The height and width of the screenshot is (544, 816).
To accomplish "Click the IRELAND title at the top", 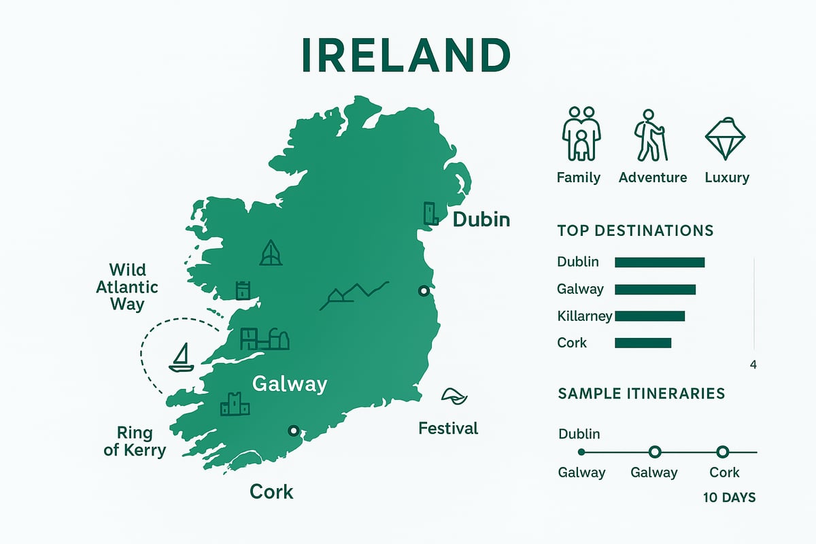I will (405, 56).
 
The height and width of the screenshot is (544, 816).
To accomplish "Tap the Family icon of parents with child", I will (581, 133).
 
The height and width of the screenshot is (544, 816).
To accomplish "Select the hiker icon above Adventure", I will (651, 135).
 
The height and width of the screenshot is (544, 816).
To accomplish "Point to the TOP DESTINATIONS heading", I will (635, 231).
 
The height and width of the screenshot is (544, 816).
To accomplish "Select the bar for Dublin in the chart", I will (659, 262).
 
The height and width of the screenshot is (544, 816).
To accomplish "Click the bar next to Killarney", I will (649, 316).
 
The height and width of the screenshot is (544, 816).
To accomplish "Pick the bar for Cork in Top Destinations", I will (643, 343).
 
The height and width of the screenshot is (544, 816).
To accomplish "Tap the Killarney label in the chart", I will (584, 316).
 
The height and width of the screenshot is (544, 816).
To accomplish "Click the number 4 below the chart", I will (753, 365).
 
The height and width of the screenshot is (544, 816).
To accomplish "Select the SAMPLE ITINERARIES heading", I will (641, 394).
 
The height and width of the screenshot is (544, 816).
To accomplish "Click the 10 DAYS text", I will (729, 498).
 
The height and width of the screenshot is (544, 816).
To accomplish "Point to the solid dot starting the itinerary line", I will (581, 452).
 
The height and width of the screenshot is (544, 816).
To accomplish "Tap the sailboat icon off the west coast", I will (182, 358).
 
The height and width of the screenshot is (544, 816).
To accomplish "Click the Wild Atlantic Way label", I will (127, 286).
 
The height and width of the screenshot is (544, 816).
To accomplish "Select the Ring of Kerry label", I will (135, 441).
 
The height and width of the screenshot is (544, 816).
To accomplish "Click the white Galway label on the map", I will (289, 384).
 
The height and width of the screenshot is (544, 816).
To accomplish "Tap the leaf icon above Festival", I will (450, 396).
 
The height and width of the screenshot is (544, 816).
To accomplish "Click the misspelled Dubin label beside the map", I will (481, 220).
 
